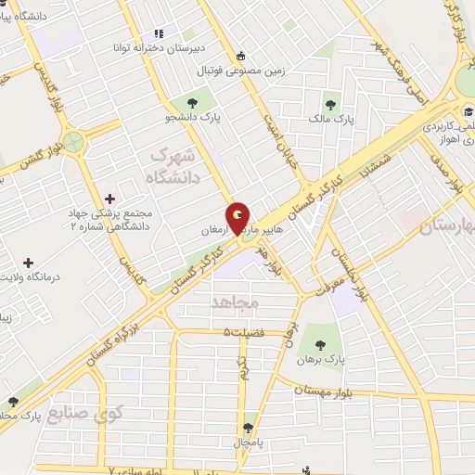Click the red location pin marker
click(x=238, y=218)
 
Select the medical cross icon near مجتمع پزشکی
click(x=110, y=198)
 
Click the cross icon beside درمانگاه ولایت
click(x=28, y=263)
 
